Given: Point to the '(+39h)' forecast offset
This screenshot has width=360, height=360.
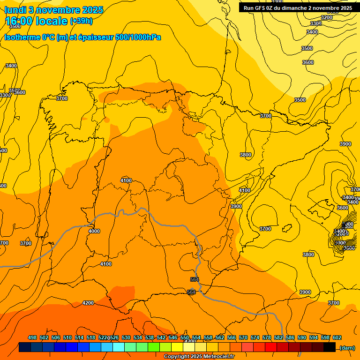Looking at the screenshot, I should pos(81,21).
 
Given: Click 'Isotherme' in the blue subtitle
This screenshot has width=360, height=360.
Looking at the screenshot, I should pos(22,37).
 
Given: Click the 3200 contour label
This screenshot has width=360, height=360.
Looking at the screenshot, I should pos(327,17).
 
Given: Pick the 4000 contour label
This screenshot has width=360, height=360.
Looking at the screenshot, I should pos(94,231).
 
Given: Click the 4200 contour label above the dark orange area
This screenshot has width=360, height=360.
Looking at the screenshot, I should pos(88,303).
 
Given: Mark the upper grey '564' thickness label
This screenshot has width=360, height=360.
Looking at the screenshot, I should pos(195,280).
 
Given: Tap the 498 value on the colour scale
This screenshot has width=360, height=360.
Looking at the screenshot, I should pos(32,337).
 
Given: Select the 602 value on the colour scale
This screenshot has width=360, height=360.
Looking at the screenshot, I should pos(337,337).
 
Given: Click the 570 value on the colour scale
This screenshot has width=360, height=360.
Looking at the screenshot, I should pos(243,337).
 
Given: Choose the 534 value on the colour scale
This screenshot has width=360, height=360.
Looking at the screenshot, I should pos(138,337).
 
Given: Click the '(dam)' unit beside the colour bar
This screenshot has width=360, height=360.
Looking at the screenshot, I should pos(347,347).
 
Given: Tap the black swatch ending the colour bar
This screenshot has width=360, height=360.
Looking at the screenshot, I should pos(330,347).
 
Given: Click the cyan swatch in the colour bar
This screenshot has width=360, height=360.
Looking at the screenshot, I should pos(119,347).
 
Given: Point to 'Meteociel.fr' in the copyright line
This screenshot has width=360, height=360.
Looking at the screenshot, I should pos(216,357).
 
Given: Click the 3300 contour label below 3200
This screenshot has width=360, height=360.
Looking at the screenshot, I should pos(316,23).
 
